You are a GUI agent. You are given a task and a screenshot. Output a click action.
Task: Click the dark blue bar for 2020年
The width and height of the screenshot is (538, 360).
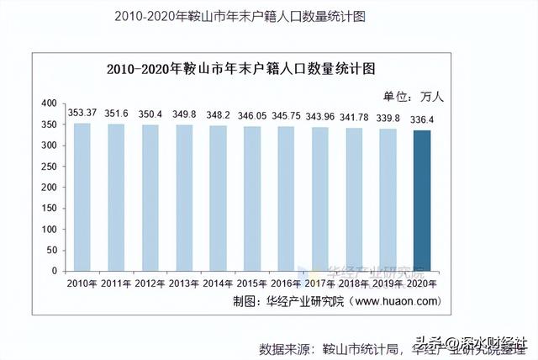tap(422, 201)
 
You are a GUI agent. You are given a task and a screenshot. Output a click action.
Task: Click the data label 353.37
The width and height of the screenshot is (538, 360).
tap(82, 113)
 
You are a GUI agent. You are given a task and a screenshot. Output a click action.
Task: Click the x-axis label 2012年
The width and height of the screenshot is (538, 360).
tap(150, 283)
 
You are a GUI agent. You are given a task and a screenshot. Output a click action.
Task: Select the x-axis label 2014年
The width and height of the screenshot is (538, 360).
tap(218, 283)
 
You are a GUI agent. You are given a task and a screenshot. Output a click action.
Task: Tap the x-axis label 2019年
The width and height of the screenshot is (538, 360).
tap(388, 283)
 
